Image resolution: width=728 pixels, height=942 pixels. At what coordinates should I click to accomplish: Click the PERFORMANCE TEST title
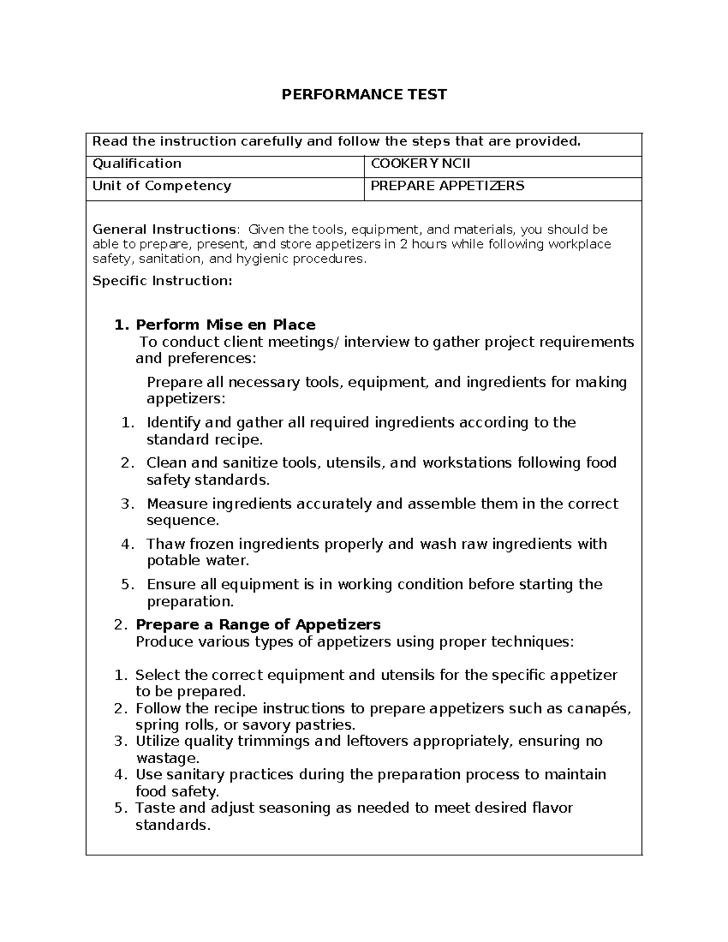(364, 94)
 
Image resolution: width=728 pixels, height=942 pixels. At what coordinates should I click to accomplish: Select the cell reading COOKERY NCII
(420, 164)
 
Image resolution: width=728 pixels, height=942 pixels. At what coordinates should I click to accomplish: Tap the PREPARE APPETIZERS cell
(447, 186)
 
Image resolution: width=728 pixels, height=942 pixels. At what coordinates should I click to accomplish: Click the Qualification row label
(136, 164)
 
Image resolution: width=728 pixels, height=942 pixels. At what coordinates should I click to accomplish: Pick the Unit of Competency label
(161, 186)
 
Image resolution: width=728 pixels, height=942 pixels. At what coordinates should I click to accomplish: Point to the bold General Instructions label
(164, 229)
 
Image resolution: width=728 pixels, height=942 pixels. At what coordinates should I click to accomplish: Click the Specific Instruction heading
(162, 281)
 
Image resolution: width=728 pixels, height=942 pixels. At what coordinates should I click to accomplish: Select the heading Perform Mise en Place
(225, 325)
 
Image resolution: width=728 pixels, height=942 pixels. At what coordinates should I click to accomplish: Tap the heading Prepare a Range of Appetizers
(258, 624)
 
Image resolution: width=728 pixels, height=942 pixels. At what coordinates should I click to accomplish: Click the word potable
(175, 560)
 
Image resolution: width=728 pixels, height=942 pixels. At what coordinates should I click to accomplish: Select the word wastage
(167, 758)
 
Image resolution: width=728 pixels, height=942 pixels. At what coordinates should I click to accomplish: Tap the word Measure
(177, 503)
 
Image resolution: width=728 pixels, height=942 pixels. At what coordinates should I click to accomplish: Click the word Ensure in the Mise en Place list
(172, 584)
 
